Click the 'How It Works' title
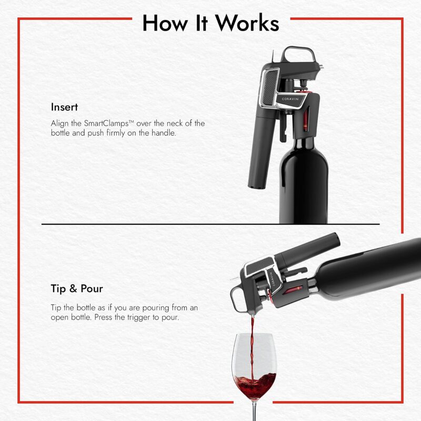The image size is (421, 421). [x=210, y=23]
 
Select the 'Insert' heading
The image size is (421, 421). [x=64, y=107]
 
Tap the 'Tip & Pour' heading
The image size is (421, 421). [x=77, y=288]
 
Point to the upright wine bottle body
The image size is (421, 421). [x=304, y=184]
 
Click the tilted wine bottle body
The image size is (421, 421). [x=368, y=268]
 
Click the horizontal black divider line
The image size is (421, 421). [x=210, y=224]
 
